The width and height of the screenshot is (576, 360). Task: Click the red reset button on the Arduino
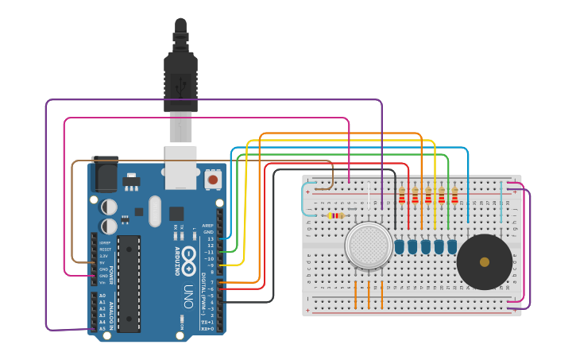point(213,180)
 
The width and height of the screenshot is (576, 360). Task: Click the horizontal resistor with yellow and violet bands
point(336,215)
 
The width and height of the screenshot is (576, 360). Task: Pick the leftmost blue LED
point(400,247)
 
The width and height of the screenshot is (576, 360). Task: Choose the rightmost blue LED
point(452,247)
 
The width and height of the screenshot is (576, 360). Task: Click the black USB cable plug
point(180,79)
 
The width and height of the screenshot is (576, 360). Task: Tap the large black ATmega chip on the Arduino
point(129,283)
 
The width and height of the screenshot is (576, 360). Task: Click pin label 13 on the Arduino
point(210,238)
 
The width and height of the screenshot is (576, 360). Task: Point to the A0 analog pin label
point(102,296)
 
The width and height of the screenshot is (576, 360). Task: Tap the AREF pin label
point(208,225)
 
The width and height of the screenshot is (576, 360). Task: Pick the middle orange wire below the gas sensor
point(369,292)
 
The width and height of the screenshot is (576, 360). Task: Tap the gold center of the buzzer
point(485,261)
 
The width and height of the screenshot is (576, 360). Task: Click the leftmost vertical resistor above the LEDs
point(401,195)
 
